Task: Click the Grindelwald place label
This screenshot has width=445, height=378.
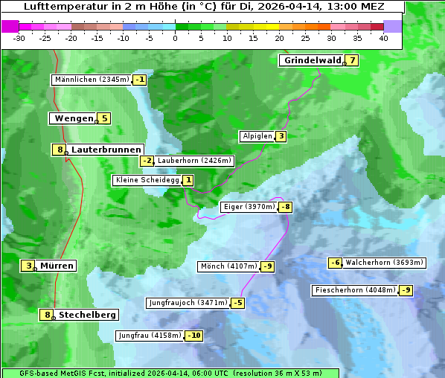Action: [312, 61]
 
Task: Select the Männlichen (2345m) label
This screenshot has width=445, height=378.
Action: [92, 80]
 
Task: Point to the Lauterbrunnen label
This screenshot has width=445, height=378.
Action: [106, 150]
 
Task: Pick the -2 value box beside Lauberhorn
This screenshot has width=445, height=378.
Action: [147, 161]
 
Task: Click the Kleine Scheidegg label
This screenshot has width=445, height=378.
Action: [147, 180]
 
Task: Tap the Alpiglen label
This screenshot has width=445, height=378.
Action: [257, 136]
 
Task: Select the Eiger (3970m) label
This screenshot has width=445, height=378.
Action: [249, 207]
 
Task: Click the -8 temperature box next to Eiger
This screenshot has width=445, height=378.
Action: [285, 207]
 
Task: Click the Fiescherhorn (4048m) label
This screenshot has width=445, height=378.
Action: [355, 290]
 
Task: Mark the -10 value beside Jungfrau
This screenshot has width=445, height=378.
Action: [193, 336]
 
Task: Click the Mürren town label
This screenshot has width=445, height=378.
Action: [57, 266]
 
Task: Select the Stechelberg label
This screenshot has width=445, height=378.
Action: [87, 315]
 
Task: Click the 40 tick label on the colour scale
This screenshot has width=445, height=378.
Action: [383, 38]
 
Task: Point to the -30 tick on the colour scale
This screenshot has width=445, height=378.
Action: [19, 38]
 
